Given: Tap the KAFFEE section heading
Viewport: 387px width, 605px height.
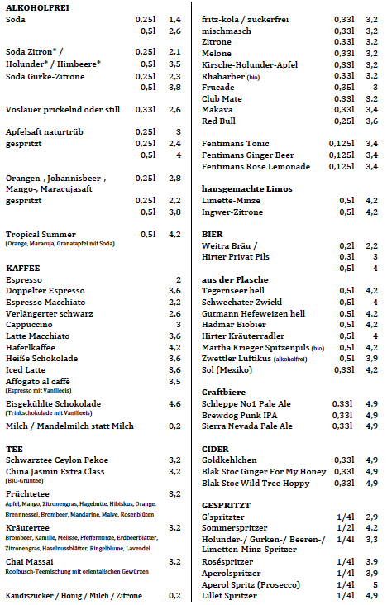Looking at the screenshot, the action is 23,269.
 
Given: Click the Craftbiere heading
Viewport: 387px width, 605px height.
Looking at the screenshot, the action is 226,391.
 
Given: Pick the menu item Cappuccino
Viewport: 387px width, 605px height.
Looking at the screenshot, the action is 30,325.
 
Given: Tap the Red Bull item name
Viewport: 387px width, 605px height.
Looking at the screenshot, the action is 219,121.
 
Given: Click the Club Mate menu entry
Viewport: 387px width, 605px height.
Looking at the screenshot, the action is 222,98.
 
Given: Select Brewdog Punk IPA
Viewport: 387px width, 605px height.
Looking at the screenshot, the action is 240,415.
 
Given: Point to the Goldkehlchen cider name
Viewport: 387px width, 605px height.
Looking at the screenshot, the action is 230,460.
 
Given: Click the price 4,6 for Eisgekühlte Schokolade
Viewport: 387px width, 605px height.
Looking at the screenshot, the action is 174,403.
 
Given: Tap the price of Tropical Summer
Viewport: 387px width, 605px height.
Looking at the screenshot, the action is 174,235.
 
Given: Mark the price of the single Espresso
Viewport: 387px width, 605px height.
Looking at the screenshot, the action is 177,280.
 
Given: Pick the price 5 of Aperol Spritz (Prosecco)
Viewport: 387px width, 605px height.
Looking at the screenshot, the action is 375,584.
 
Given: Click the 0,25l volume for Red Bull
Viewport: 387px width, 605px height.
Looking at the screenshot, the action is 343,121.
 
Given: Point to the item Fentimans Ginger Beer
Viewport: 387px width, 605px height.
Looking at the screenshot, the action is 247,155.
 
